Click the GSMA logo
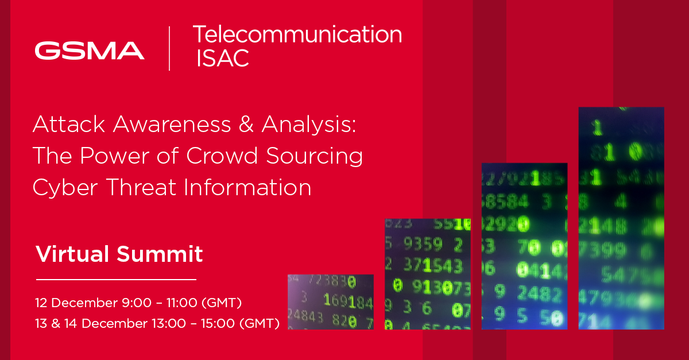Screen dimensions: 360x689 click(x=90, y=51)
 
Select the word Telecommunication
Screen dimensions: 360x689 click(x=297, y=34)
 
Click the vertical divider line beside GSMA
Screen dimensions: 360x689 click(x=169, y=48)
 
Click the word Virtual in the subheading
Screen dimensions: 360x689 click(x=73, y=254)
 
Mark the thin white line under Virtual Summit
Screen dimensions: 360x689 click(x=116, y=280)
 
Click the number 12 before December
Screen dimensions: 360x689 click(x=41, y=302)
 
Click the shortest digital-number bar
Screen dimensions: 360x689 click(x=330, y=301)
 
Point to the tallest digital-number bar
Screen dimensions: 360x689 click(x=621, y=218)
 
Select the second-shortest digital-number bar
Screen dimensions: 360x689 click(x=427, y=273)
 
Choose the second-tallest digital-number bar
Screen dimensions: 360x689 click(x=524, y=246)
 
